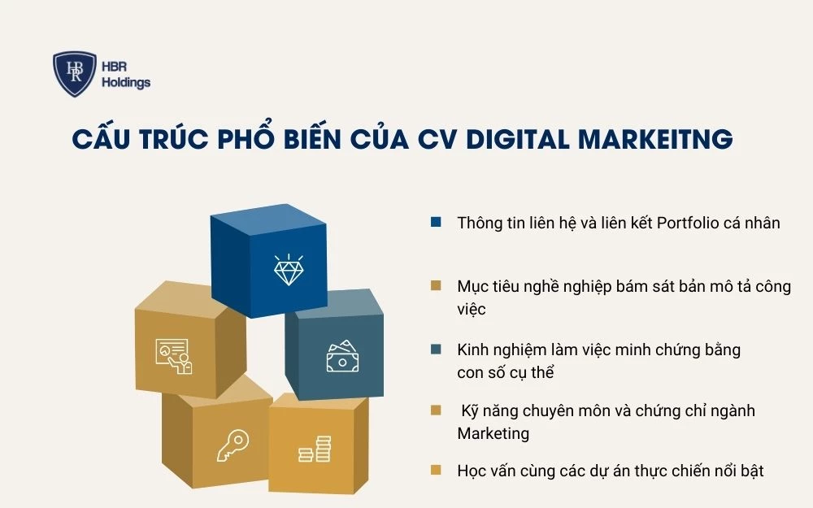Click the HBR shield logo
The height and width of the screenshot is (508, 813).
[75, 74]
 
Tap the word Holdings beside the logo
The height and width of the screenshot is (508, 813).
[127, 83]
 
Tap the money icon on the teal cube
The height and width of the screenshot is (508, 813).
[341, 356]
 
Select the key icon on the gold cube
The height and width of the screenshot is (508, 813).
[232, 445]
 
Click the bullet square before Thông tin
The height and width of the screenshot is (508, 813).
[437, 222]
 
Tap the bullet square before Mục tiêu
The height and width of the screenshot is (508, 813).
[437, 286]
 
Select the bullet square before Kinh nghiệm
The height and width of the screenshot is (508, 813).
[437, 350]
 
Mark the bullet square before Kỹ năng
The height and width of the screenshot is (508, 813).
[437, 410]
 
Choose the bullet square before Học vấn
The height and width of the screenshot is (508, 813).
[437, 471]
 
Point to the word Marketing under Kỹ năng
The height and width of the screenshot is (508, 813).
[493, 433]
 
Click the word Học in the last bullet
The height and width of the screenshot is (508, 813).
[472, 471]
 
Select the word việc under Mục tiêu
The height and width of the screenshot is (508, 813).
[472, 310]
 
